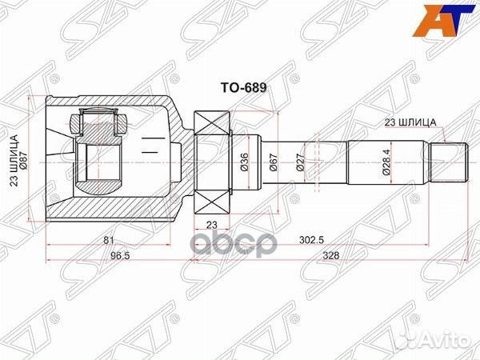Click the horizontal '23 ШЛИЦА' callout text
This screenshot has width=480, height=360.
410,122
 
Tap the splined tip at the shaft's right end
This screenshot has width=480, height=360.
450,161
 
